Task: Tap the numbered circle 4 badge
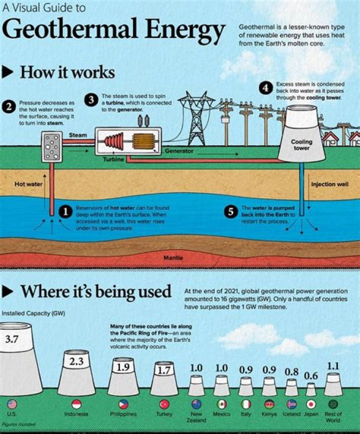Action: tap(265, 88)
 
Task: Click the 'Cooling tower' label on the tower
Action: tap(301, 145)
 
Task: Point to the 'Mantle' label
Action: tap(173, 258)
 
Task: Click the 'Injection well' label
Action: tap(329, 184)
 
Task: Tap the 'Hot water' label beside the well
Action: tap(28, 184)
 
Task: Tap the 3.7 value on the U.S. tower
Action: tap(11, 340)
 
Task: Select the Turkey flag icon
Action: tap(164, 404)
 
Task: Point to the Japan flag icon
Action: tap(310, 404)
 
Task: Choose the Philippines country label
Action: tap(123, 414)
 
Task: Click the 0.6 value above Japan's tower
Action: tap(311, 375)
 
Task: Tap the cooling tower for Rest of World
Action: tap(333, 384)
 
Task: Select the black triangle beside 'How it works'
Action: tap(8, 72)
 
